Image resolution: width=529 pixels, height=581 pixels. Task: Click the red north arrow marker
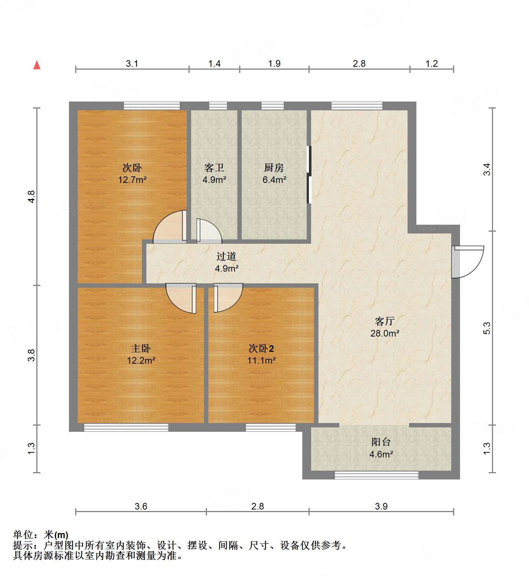coord(37,65)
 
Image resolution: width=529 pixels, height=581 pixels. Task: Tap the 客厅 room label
coord(384,321)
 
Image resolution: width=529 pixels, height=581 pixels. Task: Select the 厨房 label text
coord(274,168)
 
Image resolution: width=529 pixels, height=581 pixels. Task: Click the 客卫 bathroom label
coord(214,168)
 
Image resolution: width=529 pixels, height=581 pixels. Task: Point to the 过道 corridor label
coord(226,256)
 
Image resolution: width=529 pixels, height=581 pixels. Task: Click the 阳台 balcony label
coord(381,442)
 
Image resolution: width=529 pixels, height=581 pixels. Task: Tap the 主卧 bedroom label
coord(141,348)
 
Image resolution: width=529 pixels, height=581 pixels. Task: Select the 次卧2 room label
coord(261,348)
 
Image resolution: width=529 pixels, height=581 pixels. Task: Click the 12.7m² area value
coord(132,180)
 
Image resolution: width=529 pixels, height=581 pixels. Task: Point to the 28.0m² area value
coord(384,333)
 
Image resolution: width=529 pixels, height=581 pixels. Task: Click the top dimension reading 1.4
coord(214,63)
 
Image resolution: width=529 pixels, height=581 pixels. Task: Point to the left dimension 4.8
coord(32,197)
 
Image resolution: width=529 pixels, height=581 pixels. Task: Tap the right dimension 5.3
coord(486,328)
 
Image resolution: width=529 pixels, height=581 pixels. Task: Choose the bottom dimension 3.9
coord(381,506)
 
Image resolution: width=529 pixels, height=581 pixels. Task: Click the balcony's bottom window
coord(376,475)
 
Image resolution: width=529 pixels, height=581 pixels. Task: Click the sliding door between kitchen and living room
coord(309,175)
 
